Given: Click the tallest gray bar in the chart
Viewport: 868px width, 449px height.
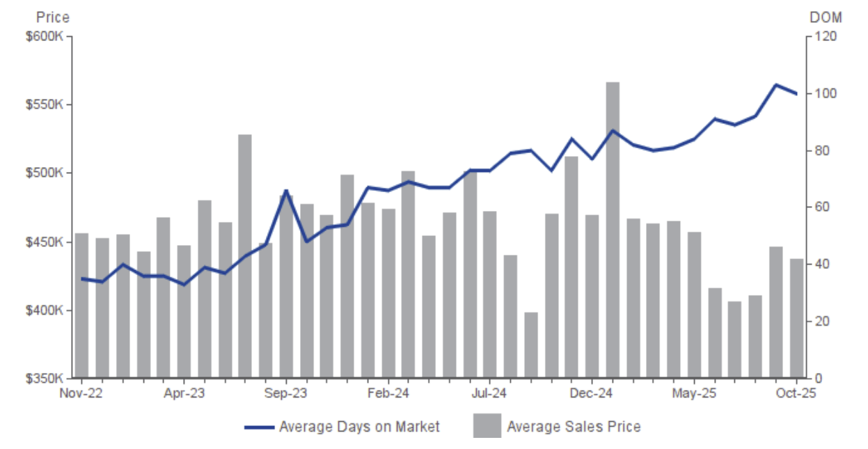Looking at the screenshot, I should tap(613, 230).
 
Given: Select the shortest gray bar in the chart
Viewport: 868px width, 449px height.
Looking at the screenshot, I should tap(531, 345).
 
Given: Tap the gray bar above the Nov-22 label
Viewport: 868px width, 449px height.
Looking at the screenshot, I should tap(81, 306).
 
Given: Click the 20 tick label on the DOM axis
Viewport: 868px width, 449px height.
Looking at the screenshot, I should tap(820, 322).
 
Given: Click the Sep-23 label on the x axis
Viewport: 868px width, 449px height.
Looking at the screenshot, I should tap(286, 393).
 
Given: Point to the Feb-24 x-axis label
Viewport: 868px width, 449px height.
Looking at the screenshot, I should tap(388, 393).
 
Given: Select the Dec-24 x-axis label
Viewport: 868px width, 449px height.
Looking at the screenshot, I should tap(592, 393).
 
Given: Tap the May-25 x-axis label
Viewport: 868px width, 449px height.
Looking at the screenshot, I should tap(694, 393).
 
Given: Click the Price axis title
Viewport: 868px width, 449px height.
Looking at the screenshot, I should tap(52, 17).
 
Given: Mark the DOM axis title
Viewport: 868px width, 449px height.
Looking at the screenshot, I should tap(826, 17).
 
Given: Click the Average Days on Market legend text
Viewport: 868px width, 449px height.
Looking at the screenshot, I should tap(359, 426).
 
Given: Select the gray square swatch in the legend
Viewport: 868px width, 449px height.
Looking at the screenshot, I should tap(487, 426).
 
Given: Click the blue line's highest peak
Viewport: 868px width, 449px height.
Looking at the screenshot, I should tap(776, 85).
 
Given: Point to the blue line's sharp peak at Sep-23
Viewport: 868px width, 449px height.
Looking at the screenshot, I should tap(286, 190).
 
